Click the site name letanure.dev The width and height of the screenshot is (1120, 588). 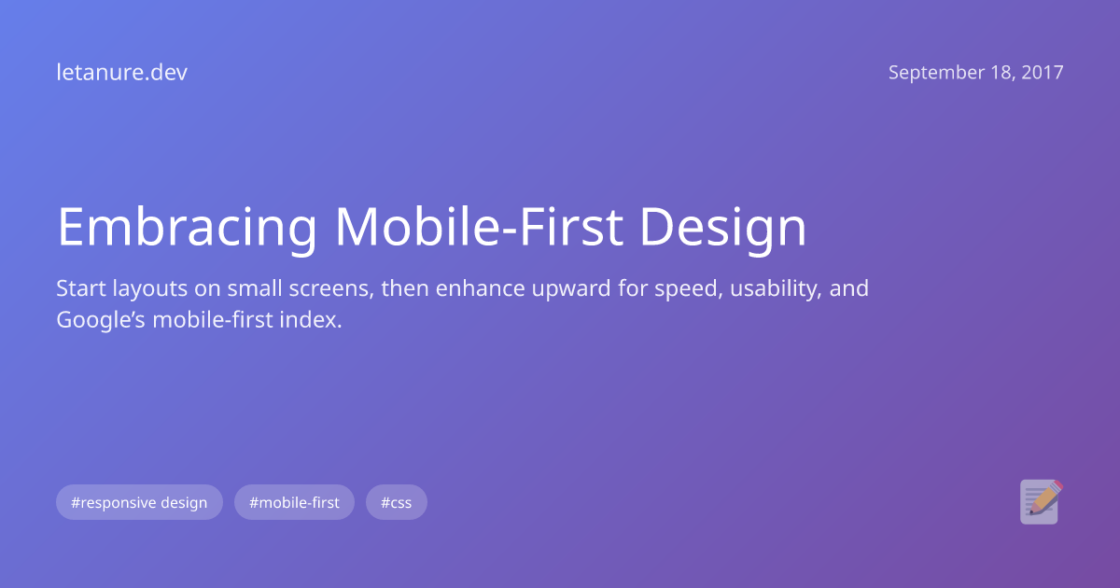coord(121,73)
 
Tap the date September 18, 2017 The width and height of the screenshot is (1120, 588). coord(975,73)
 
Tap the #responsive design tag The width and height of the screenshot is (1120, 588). coord(139,503)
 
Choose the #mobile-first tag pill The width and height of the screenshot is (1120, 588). coord(294,503)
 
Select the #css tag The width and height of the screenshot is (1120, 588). coord(396,503)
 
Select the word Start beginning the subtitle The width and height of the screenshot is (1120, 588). coord(79,288)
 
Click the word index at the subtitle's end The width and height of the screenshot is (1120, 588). coord(314,320)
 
